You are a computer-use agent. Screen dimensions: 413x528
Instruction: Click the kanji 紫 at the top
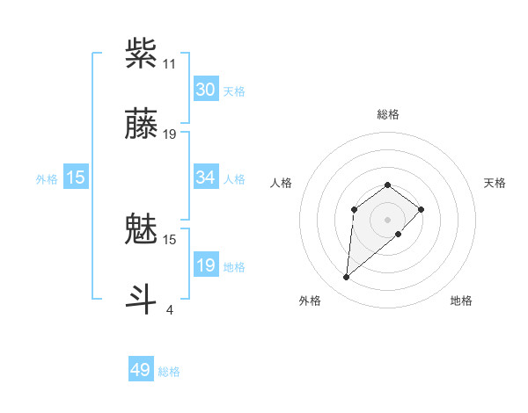[142, 53]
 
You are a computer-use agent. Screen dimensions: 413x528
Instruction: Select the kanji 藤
[142, 124]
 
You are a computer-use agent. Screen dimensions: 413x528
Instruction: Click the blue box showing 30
[206, 90]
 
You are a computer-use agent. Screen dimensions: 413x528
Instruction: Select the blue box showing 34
[206, 178]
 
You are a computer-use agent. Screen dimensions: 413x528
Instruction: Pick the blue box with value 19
[206, 265]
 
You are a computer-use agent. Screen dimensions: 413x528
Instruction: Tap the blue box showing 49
[141, 370]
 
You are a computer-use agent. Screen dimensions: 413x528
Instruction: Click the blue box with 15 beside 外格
[76, 178]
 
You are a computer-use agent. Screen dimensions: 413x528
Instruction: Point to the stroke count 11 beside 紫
[169, 64]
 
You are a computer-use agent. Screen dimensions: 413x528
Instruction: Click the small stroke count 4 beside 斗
[169, 309]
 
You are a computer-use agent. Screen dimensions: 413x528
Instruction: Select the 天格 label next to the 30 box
[234, 91]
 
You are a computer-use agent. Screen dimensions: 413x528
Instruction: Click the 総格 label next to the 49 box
[169, 372]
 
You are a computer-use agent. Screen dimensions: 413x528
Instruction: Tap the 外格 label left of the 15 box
[47, 179]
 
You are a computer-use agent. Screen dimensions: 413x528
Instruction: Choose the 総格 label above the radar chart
[388, 114]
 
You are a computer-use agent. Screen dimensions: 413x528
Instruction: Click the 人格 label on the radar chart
[282, 183]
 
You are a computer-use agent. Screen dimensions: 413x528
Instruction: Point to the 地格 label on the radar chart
[461, 301]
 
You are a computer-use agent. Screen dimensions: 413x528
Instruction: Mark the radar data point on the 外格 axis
[347, 278]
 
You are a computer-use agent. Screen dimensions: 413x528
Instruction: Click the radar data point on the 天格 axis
[422, 209]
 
